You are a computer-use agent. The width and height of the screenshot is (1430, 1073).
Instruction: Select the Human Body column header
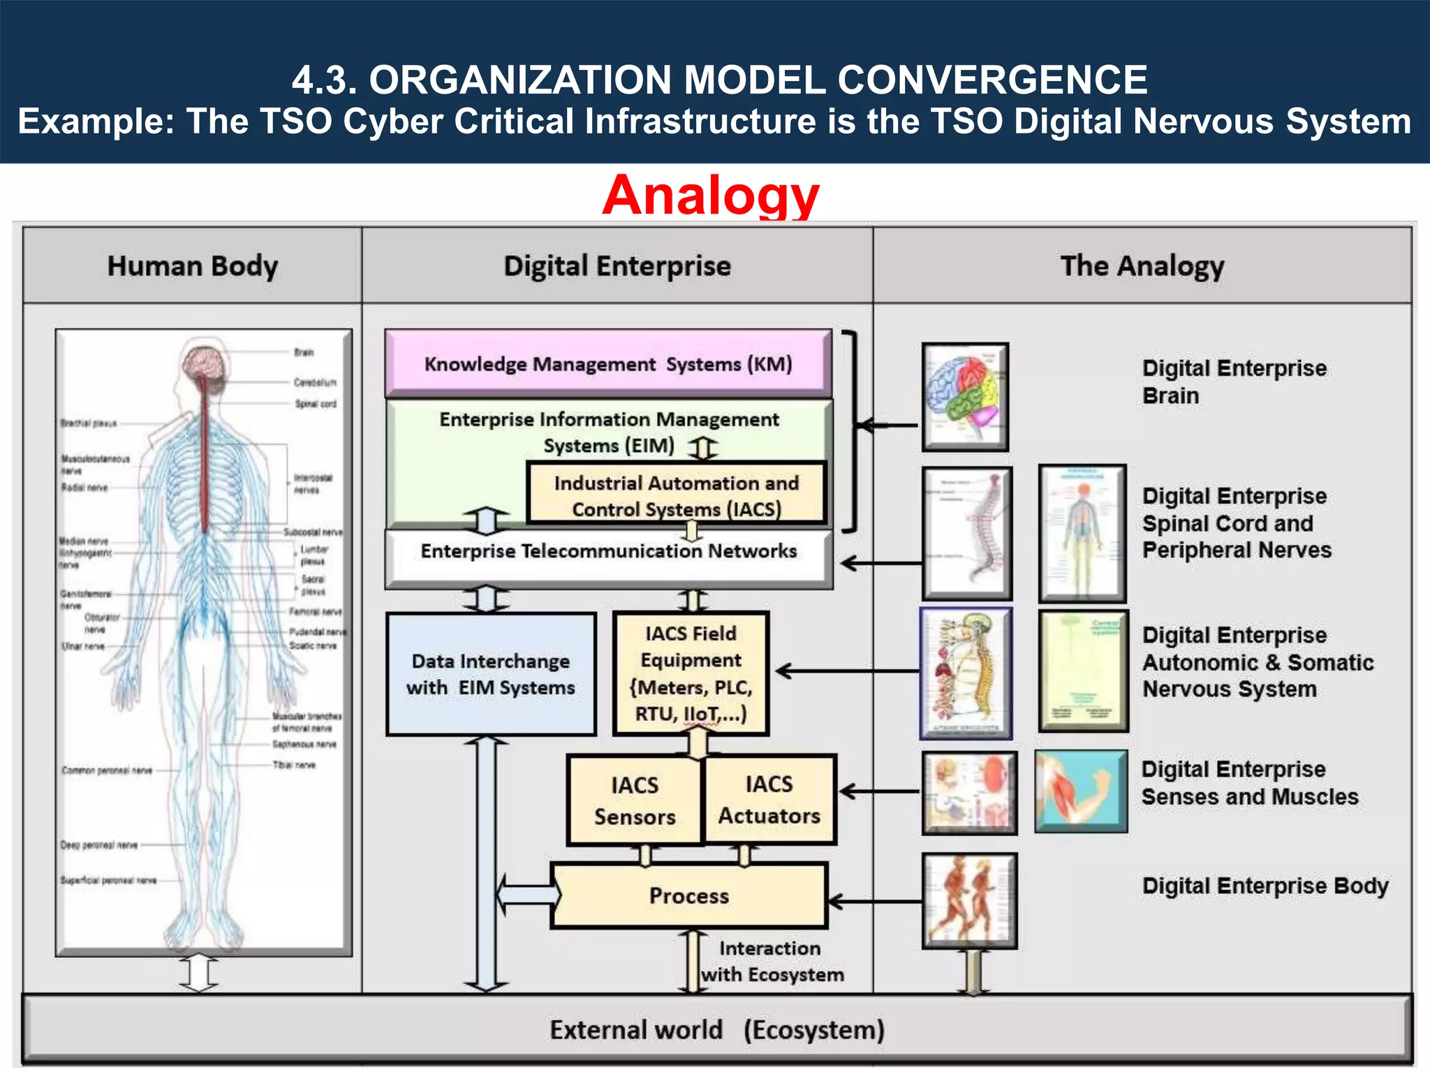click(192, 266)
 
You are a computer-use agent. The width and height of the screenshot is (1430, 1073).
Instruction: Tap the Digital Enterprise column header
click(617, 266)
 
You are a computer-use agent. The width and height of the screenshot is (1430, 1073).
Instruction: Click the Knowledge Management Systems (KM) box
click(608, 363)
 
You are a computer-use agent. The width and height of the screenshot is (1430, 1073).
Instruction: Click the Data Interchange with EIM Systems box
click(491, 674)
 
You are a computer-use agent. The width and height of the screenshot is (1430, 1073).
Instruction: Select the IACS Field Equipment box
click(691, 673)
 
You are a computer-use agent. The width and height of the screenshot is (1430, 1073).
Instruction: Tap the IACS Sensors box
click(634, 801)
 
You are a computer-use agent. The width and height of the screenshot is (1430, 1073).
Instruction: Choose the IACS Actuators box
click(769, 800)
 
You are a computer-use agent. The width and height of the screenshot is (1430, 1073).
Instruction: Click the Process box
click(689, 896)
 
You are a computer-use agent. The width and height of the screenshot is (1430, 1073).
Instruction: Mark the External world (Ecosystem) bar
click(716, 1030)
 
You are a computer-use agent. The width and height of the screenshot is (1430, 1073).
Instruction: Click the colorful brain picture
click(965, 396)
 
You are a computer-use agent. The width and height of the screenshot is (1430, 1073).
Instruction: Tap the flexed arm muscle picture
click(1081, 791)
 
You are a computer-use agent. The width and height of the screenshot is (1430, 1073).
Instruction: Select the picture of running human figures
click(969, 900)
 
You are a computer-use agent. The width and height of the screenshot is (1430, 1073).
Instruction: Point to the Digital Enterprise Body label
click(1265, 886)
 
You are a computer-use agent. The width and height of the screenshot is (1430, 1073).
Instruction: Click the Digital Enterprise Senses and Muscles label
click(1249, 783)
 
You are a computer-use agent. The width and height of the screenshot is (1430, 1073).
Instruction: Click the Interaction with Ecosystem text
click(772, 961)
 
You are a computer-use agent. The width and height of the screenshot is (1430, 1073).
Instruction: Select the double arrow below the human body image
click(198, 973)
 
